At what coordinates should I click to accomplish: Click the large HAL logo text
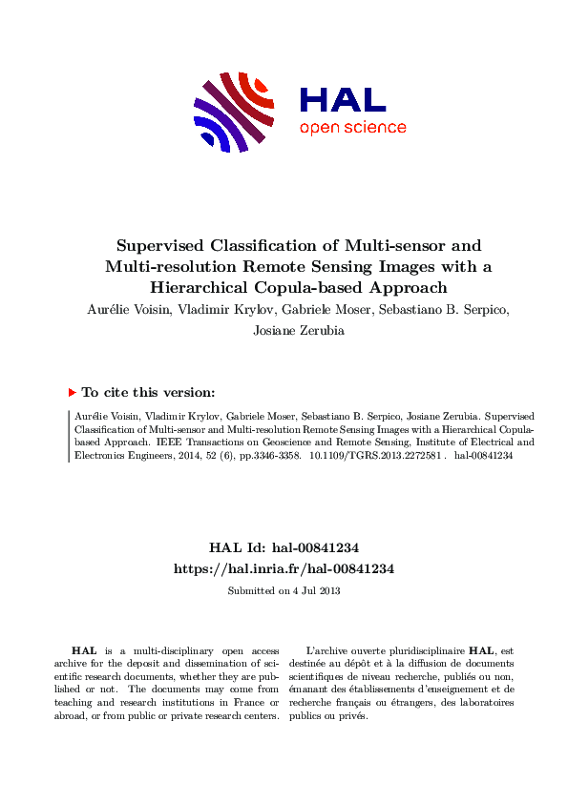[x=343, y=99]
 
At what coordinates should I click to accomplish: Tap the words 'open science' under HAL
[x=352, y=128]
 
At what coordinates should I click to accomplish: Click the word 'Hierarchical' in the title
[x=200, y=285]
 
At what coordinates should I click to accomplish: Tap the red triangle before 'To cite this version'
[x=72, y=392]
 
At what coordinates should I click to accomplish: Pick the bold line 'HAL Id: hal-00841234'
[x=284, y=547]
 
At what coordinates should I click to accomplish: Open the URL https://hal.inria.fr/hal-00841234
[x=284, y=567]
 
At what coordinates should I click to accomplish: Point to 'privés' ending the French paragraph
[x=352, y=716]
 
